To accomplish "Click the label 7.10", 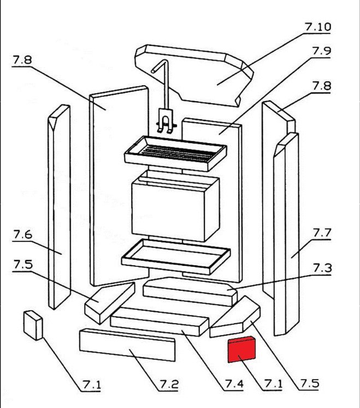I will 317,27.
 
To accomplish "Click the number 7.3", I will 322,268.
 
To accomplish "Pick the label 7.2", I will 169,384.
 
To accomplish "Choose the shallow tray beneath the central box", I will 175,255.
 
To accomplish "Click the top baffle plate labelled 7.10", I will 197,77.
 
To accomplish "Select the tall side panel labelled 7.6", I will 59,208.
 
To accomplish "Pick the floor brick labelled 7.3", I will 188,290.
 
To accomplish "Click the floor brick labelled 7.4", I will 158,320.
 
